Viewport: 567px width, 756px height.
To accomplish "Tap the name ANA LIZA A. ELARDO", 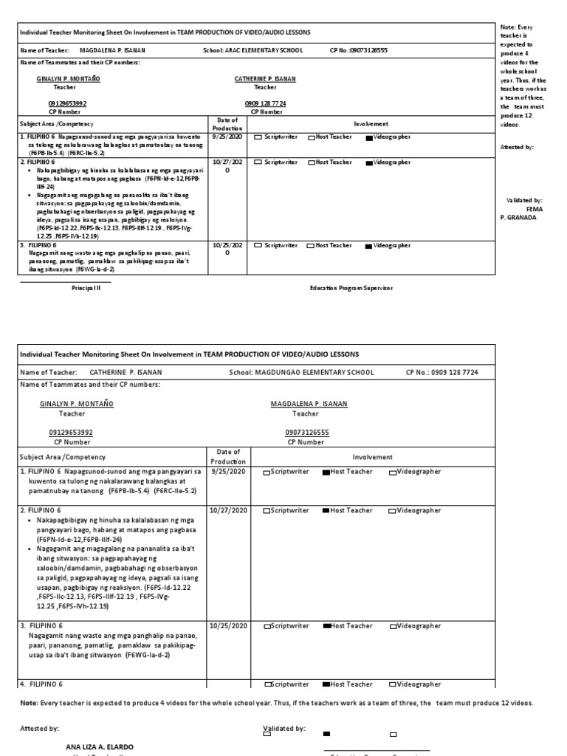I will pos(100,746).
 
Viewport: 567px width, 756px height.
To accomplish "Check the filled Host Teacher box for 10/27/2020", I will pos(326,511).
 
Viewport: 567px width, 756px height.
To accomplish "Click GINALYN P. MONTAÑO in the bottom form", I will pos(77,404).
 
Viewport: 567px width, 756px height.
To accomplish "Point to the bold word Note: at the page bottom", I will pos(30,702).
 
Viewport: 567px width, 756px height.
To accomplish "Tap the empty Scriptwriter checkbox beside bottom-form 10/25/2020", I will pos(267,627).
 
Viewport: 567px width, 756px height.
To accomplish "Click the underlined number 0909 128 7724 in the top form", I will pos(265,103).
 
